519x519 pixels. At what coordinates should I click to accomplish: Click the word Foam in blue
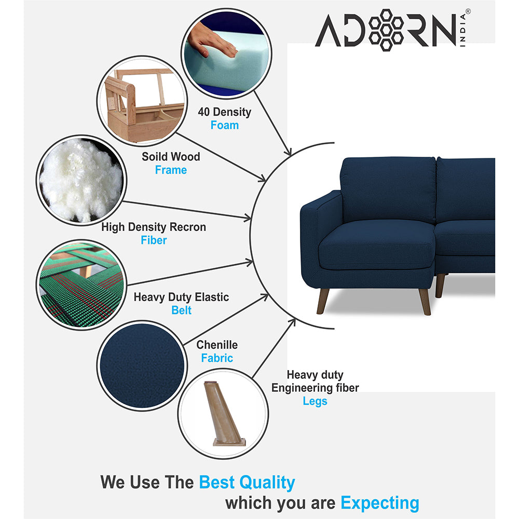coord(224,125)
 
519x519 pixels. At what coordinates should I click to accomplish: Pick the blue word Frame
coord(171,170)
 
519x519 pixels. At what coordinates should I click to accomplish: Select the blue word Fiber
coord(154,240)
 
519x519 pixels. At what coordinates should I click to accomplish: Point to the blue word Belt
coord(182,310)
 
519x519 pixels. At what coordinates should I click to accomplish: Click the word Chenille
coord(217,345)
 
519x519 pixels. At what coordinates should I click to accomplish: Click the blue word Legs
coord(315,401)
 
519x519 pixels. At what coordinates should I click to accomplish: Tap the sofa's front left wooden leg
coord(322,301)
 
